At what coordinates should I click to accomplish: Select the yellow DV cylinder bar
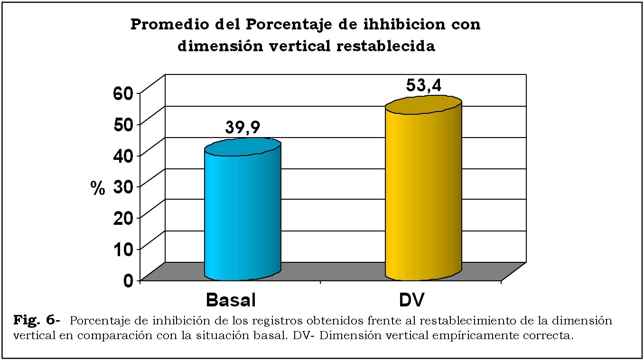click(x=423, y=194)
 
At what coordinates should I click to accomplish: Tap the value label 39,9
click(x=242, y=128)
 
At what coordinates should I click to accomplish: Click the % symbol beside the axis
click(x=97, y=188)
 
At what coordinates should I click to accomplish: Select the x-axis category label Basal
click(x=231, y=300)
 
